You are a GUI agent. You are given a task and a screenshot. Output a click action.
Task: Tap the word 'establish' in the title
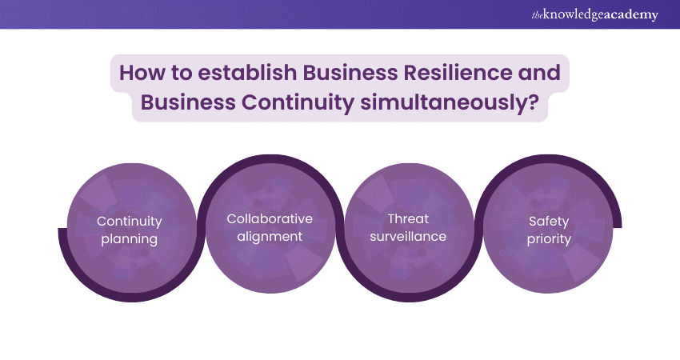coord(240,72)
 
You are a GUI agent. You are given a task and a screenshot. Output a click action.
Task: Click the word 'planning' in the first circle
coord(130,238)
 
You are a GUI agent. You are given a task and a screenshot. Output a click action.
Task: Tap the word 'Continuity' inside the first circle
coord(130,221)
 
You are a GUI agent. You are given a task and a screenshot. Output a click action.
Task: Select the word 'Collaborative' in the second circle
coord(270,218)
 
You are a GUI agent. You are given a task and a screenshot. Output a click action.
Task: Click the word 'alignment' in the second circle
coord(270,236)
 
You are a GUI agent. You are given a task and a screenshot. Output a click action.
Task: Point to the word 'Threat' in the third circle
coord(408,218)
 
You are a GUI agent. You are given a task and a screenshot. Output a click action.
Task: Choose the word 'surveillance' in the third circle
coord(408,236)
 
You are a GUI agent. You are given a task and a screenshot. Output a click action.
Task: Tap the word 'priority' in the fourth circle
coord(548,238)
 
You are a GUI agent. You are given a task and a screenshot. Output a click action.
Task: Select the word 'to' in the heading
coord(182,72)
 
